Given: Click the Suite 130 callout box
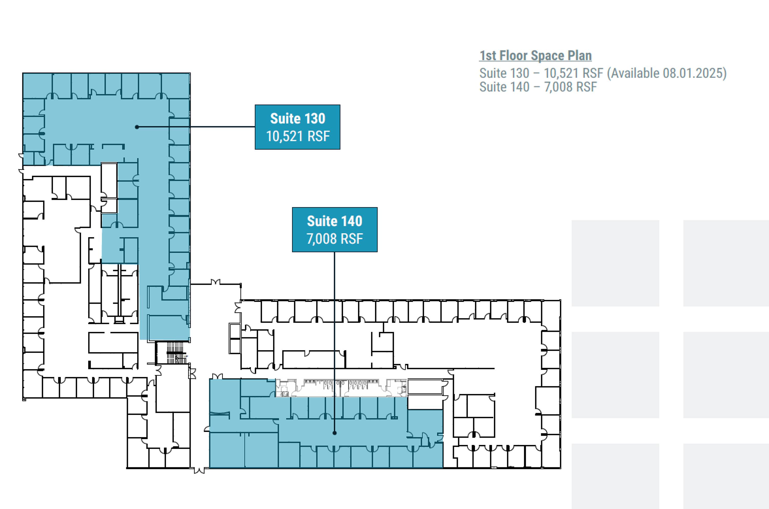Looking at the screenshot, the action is pos(297,127).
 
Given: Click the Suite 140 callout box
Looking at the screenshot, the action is pos(335,229).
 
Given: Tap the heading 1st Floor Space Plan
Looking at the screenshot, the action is pos(535,56).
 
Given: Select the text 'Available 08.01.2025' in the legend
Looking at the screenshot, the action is pos(667,73).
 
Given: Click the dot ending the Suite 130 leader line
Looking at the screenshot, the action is pos(137,127).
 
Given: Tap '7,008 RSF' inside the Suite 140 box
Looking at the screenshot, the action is pos(335,239).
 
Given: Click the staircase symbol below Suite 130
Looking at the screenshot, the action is pos(176,353).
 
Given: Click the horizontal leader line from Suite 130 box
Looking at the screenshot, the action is pos(196,127).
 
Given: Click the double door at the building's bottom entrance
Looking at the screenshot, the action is pos(199,470).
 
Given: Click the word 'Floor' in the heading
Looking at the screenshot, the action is pos(513,56).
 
